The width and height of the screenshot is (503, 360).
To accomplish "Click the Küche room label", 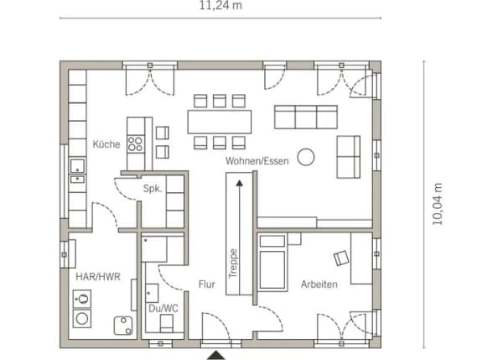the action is pyautogui.click(x=106, y=144).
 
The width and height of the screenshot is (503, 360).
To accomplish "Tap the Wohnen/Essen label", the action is pyautogui.click(x=257, y=161).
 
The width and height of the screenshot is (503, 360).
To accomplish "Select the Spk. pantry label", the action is pyautogui.click(x=153, y=189).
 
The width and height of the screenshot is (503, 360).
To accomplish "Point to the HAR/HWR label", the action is pyautogui.click(x=98, y=276).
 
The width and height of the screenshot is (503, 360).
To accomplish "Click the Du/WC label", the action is pyautogui.click(x=163, y=309).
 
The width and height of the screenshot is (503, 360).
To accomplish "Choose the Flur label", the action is pyautogui.click(x=206, y=284).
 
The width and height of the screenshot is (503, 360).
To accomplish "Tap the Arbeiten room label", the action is pyautogui.click(x=319, y=284).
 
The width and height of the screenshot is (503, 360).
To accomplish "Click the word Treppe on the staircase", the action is pyautogui.click(x=233, y=263).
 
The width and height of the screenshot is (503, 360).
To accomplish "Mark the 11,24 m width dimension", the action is pyautogui.click(x=220, y=6).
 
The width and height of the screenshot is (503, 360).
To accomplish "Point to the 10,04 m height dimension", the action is pyautogui.click(x=438, y=204).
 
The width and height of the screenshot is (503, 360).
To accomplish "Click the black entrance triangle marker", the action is pyautogui.click(x=216, y=355).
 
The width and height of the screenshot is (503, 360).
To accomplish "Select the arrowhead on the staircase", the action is pyautogui.click(x=239, y=183).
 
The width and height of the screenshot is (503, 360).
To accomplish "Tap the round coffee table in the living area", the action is pyautogui.click(x=306, y=157).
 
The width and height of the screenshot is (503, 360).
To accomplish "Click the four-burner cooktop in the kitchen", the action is pyautogui.click(x=135, y=144).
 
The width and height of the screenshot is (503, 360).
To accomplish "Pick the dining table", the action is pyautogui.click(x=220, y=122).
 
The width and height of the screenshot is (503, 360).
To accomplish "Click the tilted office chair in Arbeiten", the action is pyautogui.click(x=341, y=258).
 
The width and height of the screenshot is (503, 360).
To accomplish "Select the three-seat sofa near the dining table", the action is pyautogui.click(x=306, y=117).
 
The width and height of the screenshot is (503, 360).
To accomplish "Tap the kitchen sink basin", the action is pyautogui.click(x=77, y=166).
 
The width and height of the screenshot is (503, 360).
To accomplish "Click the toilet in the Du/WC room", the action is pyautogui.click(x=166, y=323).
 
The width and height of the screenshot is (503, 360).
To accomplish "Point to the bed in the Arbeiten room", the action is pyautogui.click(x=272, y=263).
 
